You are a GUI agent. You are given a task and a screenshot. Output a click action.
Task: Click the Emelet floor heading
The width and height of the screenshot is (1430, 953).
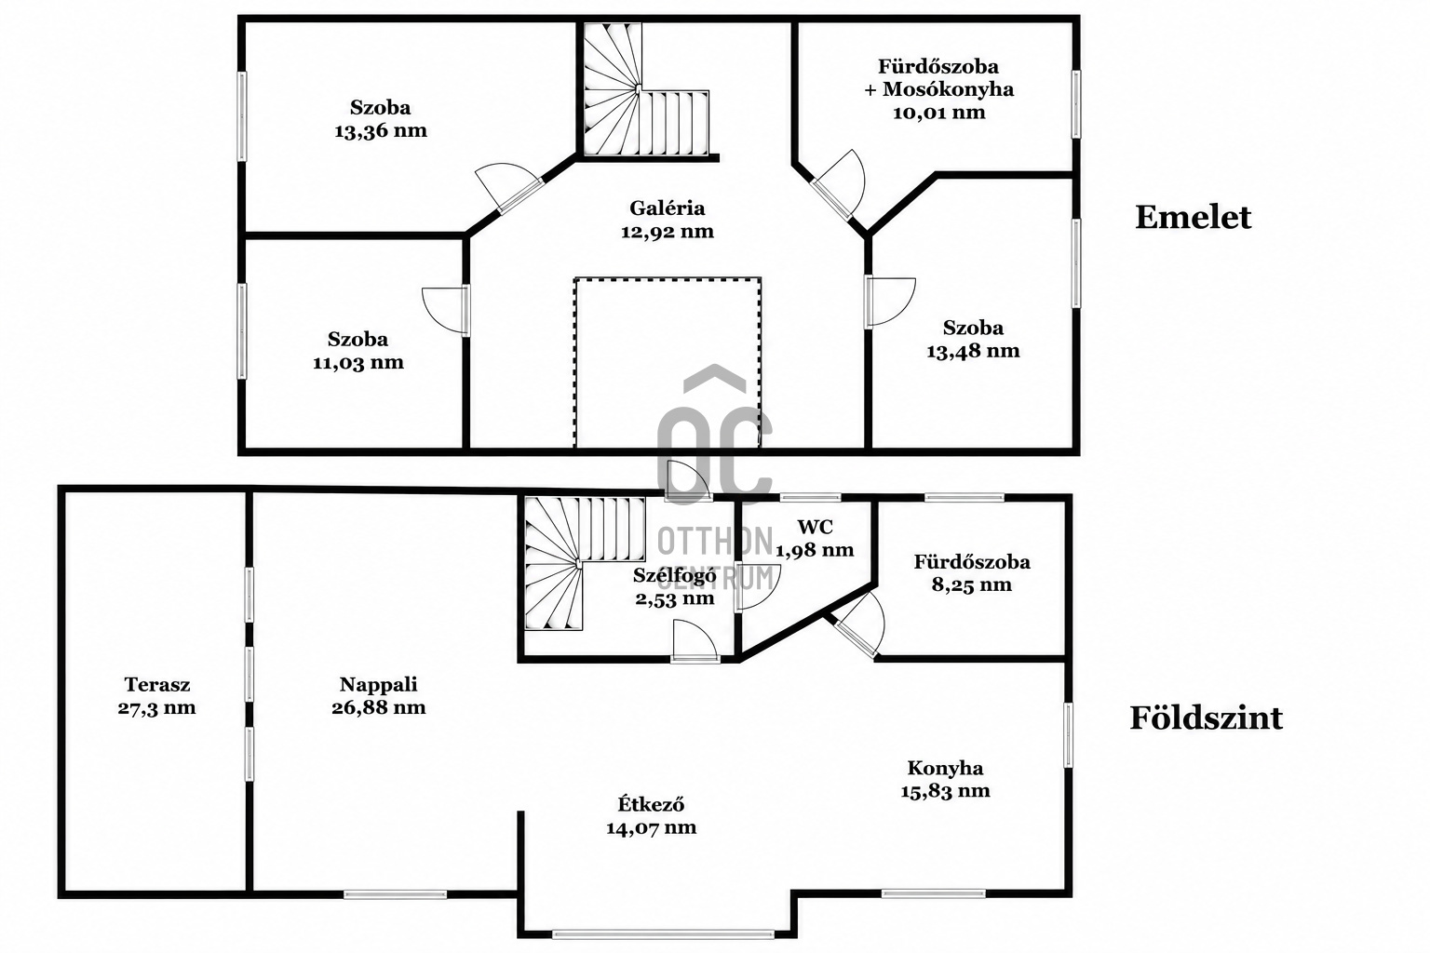(x=1193, y=217)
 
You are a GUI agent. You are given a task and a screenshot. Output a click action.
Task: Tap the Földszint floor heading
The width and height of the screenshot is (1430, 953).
(x=1206, y=718)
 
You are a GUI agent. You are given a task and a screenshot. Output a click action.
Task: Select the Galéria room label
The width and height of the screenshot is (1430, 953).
(x=668, y=208)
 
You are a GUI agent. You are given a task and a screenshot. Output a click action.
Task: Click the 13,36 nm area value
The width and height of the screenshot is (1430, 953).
(x=381, y=131)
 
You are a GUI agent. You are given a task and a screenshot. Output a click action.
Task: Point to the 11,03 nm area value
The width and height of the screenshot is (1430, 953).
(x=358, y=363)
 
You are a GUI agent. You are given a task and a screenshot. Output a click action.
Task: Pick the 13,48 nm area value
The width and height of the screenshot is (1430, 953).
(x=973, y=351)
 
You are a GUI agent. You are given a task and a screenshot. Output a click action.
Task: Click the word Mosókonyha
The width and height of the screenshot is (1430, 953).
(x=948, y=89)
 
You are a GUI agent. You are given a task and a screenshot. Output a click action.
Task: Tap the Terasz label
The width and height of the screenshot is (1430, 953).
(x=157, y=684)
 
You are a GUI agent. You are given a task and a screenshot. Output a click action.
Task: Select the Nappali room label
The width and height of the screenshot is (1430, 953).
(x=379, y=684)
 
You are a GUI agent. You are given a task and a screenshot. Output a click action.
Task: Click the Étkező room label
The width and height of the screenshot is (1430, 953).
(x=651, y=804)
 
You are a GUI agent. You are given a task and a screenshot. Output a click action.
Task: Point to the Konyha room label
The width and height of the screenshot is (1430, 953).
(x=946, y=768)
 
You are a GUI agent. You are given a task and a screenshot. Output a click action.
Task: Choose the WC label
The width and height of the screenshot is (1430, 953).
(x=816, y=527)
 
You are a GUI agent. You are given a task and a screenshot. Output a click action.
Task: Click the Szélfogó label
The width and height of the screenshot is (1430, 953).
(x=675, y=575)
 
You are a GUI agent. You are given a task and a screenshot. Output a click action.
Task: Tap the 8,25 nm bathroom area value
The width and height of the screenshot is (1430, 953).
(x=972, y=584)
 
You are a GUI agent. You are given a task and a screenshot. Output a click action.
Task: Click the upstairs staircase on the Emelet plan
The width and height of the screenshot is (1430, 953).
(x=645, y=89)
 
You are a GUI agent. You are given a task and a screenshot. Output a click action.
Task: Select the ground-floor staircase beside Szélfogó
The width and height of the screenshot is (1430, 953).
(x=584, y=563)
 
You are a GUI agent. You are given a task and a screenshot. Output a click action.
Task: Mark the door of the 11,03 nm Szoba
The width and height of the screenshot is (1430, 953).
(x=447, y=311)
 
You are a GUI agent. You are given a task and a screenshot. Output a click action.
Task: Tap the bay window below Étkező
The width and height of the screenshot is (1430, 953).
(x=663, y=934)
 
